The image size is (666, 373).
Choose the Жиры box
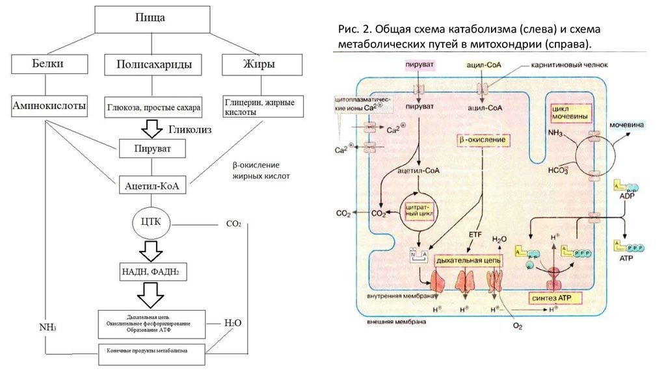point(261,65)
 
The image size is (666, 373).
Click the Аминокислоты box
point(50,106)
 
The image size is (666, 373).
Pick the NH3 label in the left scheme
point(47,327)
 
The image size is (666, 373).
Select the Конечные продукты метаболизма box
point(152,352)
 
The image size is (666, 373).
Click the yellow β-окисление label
point(483,140)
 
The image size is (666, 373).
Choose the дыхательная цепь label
point(468,260)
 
